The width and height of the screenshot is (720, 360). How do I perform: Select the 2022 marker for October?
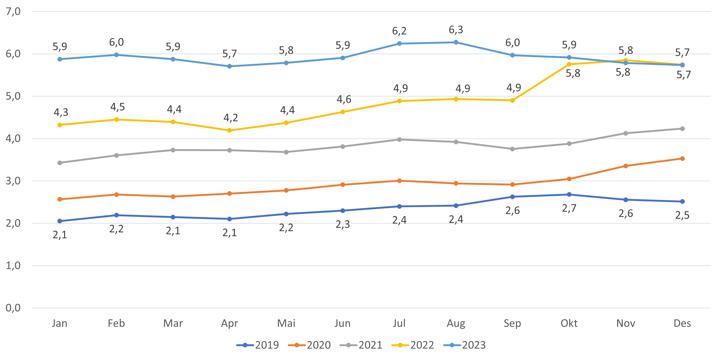[x=569, y=64]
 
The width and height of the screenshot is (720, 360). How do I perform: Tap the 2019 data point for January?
[x=59, y=221]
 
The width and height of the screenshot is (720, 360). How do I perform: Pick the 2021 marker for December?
[x=682, y=129]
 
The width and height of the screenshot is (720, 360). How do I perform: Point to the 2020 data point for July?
[x=399, y=181]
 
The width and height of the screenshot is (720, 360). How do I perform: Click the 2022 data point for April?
[x=229, y=131]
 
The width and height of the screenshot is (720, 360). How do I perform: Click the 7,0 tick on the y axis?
[x=13, y=11]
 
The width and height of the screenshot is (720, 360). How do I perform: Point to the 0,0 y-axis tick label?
[x=13, y=308]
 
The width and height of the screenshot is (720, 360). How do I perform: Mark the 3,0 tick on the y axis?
[x=13, y=181]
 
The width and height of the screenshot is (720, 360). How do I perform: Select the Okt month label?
[x=569, y=323]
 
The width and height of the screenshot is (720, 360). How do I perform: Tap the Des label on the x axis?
[x=682, y=323]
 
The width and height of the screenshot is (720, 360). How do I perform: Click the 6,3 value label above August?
[x=456, y=30]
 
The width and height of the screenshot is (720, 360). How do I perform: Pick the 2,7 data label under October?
[x=569, y=208]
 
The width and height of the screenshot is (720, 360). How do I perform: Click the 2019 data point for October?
[x=569, y=194]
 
